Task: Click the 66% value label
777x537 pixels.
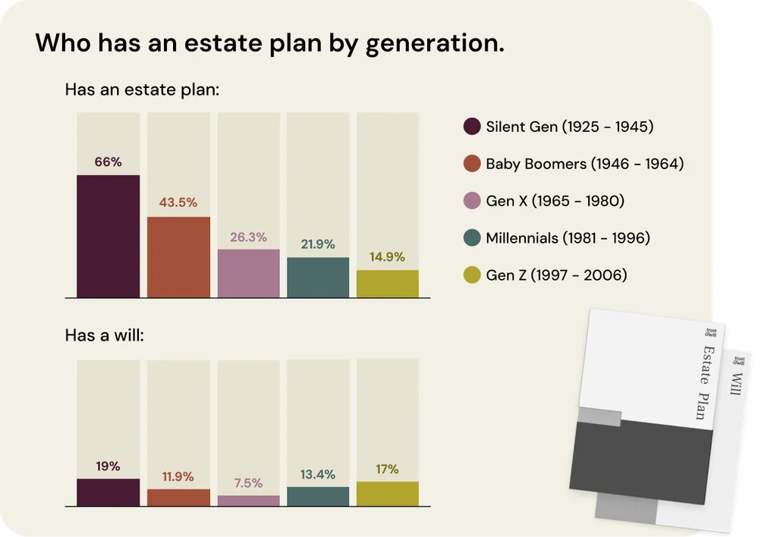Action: [108, 162]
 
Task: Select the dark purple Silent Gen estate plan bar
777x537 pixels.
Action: [108, 236]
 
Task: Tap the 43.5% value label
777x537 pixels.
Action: [178, 203]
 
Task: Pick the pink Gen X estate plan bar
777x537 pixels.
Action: [248, 273]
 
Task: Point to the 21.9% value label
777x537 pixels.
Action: [318, 244]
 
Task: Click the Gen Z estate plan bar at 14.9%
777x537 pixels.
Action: [387, 284]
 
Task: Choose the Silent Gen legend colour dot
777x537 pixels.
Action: [471, 127]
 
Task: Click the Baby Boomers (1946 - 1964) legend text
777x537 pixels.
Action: [584, 164]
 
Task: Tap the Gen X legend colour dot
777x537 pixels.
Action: [471, 201]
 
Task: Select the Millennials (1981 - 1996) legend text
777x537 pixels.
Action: [568, 238]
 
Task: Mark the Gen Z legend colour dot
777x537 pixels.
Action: [471, 275]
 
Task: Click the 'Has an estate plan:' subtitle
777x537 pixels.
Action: [142, 89]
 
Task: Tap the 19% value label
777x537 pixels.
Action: [108, 466]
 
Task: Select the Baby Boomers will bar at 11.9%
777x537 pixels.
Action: [178, 498]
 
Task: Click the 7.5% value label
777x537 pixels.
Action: [248, 483]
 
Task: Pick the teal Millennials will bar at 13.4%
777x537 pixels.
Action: [318, 496]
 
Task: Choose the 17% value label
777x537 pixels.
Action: [387, 469]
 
